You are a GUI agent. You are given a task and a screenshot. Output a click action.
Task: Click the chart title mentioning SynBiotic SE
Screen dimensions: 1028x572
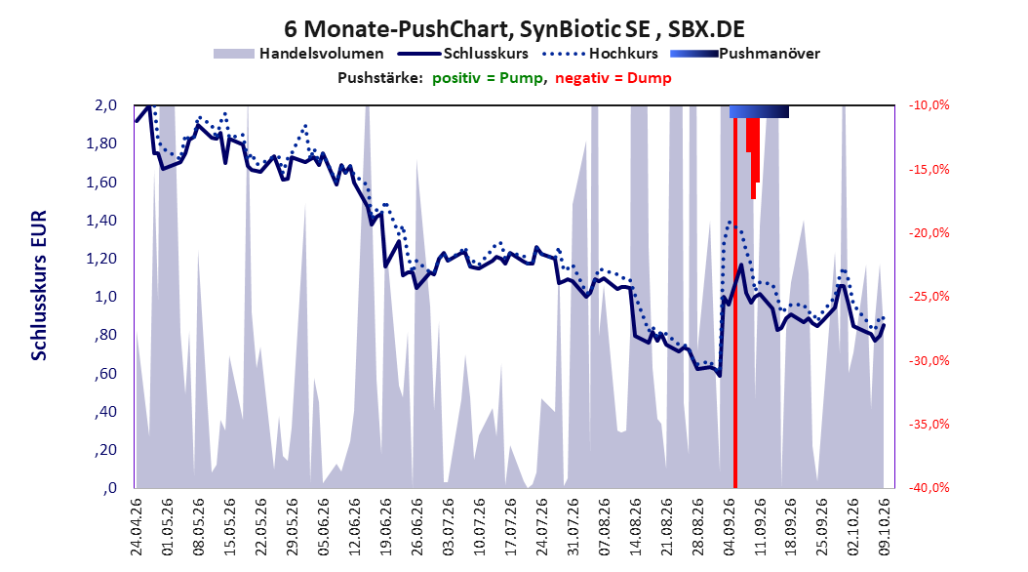pos(514,29)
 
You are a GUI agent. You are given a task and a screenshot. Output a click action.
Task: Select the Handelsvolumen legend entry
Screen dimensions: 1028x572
pos(298,54)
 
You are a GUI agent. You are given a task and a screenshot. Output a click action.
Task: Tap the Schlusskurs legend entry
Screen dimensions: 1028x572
pos(463,54)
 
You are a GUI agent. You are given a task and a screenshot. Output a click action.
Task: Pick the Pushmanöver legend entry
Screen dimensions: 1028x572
pos(745,54)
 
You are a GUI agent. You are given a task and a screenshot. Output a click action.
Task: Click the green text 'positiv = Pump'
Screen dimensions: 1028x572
pos(487,78)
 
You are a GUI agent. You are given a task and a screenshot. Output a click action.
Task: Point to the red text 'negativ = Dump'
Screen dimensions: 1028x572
pos(613,78)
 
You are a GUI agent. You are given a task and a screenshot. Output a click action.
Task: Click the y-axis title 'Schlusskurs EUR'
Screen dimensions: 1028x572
pos(39,285)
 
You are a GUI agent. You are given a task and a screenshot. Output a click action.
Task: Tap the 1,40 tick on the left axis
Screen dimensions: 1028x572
pos(101,221)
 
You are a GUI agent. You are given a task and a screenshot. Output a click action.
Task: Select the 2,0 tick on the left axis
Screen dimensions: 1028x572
pos(105,105)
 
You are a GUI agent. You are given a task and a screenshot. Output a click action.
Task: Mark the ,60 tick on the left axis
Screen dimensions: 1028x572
pos(105,374)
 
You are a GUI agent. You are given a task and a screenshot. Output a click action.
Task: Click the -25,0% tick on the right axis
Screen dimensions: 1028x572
pos(929,297)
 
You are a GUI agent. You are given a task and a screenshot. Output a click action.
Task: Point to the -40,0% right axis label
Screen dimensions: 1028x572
pos(929,488)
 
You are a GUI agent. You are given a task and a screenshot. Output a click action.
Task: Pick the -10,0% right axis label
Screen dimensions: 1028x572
pos(929,105)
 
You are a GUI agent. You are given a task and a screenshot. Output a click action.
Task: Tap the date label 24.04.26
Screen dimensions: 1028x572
pos(137,527)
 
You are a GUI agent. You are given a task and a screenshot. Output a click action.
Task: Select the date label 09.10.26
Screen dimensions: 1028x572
pos(884,527)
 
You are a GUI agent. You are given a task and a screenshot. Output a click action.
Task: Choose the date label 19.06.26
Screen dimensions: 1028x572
pos(385,527)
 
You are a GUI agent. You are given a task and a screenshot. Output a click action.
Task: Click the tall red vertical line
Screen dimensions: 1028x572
pos(735,303)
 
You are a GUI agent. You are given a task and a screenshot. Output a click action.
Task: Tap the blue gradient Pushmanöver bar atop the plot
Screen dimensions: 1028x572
pos(759,112)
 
